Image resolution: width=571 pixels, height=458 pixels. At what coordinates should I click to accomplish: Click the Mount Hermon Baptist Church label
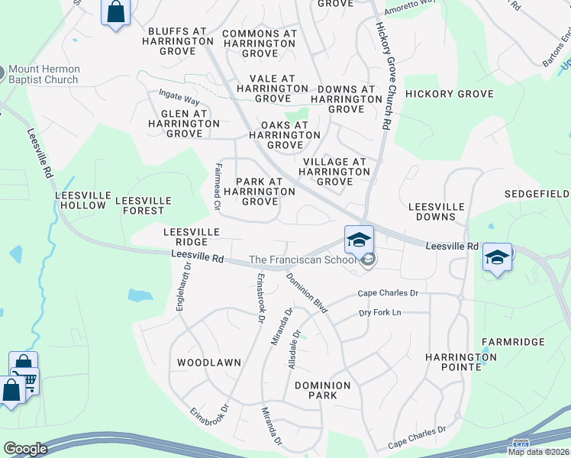44,74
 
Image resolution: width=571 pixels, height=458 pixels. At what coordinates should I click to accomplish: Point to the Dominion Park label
321,391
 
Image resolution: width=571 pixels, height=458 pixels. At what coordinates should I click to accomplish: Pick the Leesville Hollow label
81,200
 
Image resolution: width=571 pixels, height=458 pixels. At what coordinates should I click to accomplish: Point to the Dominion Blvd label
307,293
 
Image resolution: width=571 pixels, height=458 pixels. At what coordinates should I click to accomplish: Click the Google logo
25,449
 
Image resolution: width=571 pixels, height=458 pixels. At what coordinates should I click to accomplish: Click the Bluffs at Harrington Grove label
178,37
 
